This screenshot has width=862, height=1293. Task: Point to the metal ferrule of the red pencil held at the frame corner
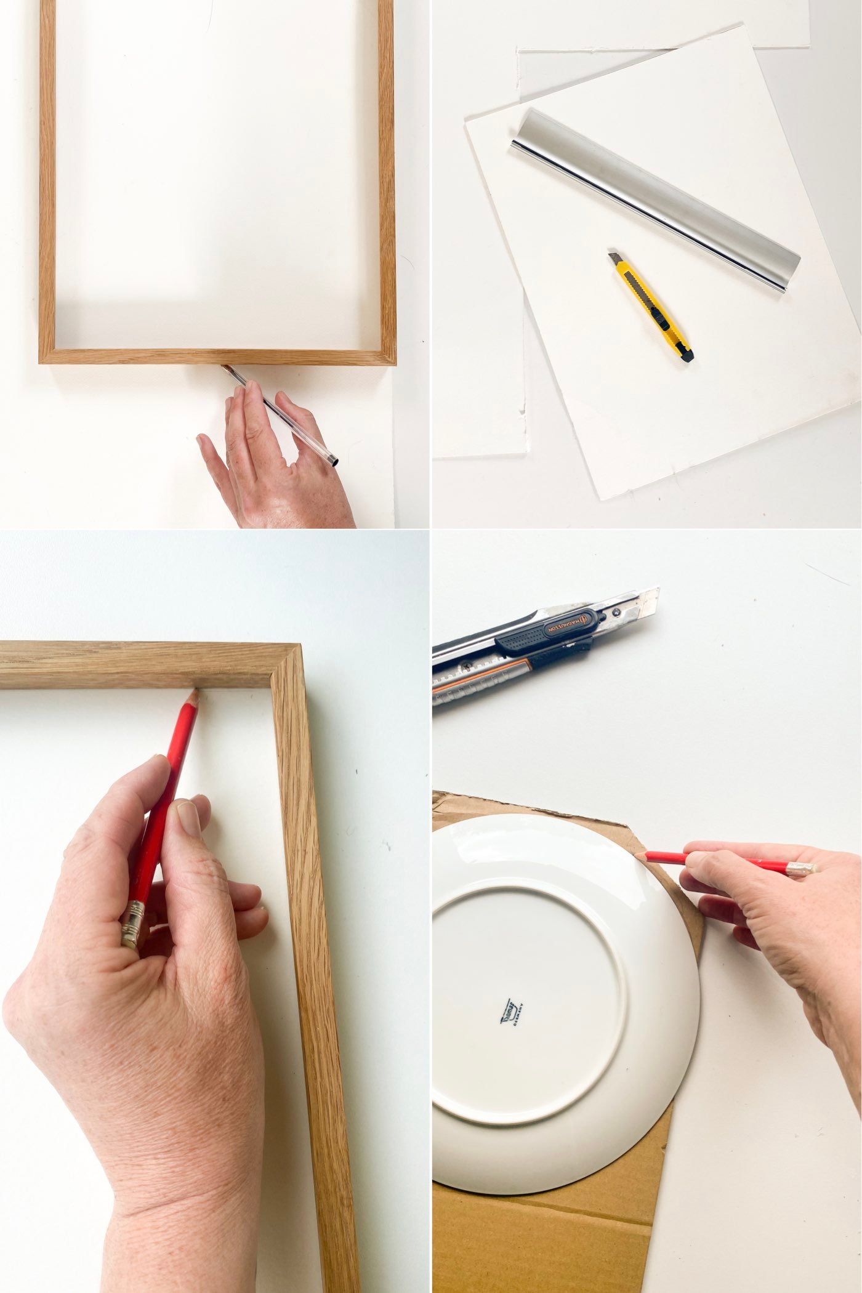coord(133,924)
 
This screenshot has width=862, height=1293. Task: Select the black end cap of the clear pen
coord(333,461)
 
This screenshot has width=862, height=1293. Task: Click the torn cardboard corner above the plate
coord(441,802)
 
